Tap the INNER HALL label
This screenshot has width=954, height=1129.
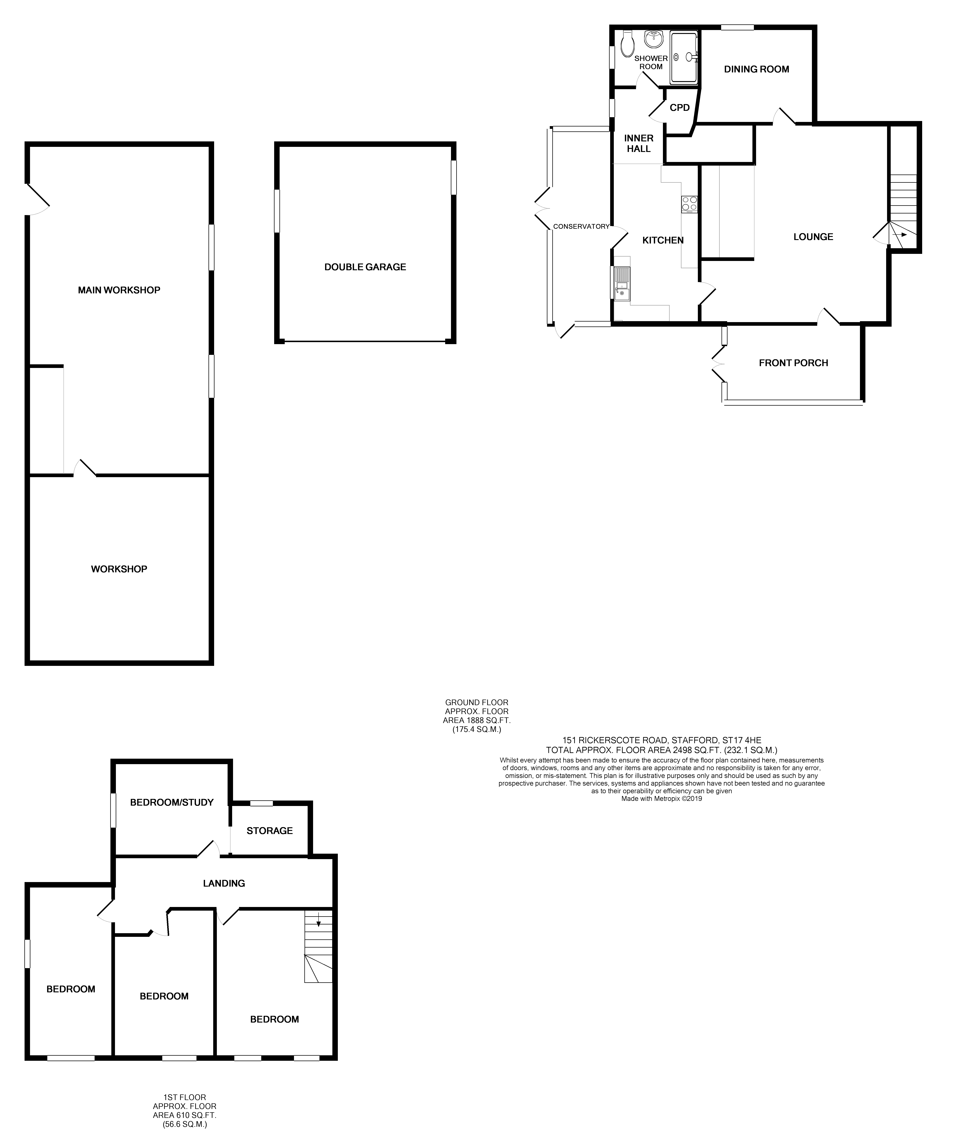click(x=639, y=143)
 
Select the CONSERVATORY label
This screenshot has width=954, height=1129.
click(x=581, y=227)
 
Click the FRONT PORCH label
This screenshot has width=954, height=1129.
click(x=793, y=363)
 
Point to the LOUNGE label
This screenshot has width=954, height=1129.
click(x=813, y=237)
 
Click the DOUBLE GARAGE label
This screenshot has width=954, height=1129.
click(x=365, y=267)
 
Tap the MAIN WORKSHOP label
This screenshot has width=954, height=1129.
click(x=119, y=290)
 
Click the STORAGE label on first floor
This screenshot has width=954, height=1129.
click(x=269, y=830)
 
